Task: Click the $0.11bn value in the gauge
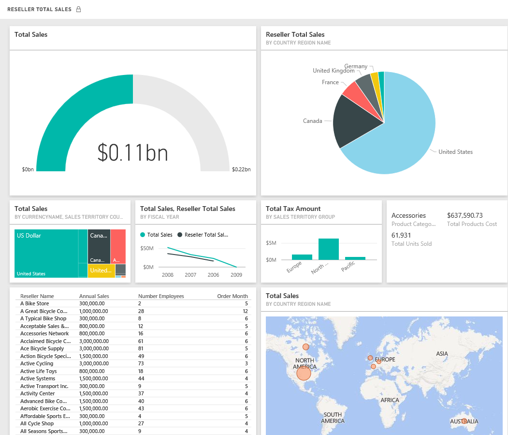[x=132, y=152]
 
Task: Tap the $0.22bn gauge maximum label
[x=241, y=170]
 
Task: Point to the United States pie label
[x=455, y=152]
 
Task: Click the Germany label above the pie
[x=356, y=66]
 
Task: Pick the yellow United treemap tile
[x=101, y=270]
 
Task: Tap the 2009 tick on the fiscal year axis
[x=235, y=275]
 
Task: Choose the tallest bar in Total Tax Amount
[x=328, y=249]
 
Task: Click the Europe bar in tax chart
[x=302, y=257]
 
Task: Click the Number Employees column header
[x=161, y=296]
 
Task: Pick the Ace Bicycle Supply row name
[x=42, y=348]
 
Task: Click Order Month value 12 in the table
[x=245, y=311]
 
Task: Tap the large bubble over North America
[x=304, y=373]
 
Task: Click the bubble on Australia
[x=464, y=421]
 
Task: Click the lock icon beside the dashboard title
[x=79, y=9]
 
